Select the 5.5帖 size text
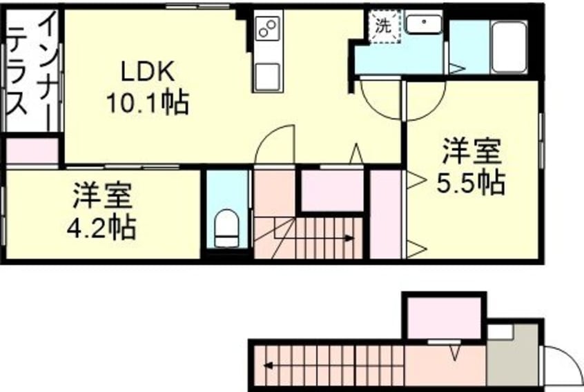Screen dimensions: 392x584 pyautogui.click(x=471, y=184)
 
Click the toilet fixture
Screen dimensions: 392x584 pyautogui.click(x=226, y=228)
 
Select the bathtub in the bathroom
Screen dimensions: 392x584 pyautogui.click(x=509, y=46)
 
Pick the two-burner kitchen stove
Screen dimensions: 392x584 pyautogui.click(x=267, y=28)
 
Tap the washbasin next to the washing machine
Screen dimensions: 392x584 pyautogui.click(x=423, y=25)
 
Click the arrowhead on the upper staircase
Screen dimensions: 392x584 pyautogui.click(x=350, y=239)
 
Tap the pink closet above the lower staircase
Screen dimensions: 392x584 pyautogui.click(x=445, y=317)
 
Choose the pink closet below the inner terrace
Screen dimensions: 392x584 pyautogui.click(x=32, y=151)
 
